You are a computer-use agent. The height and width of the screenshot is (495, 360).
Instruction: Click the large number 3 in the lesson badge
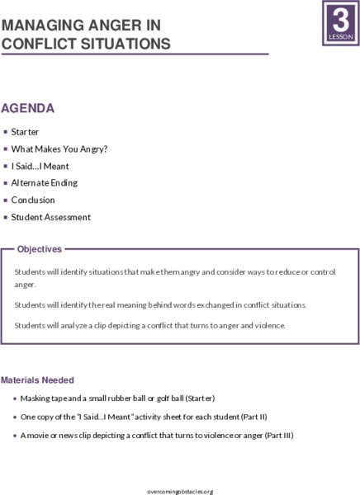(x=339, y=17)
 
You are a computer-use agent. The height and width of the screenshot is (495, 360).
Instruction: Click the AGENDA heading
(x=28, y=108)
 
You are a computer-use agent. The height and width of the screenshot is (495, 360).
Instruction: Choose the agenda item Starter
(x=25, y=131)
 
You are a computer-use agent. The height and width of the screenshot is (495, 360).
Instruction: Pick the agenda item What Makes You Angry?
(x=59, y=148)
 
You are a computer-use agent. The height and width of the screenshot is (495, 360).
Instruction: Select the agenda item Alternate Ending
(x=45, y=182)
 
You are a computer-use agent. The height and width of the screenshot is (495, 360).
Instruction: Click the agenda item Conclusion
(x=33, y=200)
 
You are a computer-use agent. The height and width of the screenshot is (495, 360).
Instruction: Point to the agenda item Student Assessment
(x=50, y=217)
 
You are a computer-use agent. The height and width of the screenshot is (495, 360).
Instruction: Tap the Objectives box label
(x=39, y=248)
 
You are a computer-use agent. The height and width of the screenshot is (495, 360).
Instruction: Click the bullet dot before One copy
(x=13, y=417)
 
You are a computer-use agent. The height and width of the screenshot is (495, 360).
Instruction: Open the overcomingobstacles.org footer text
(x=179, y=491)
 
